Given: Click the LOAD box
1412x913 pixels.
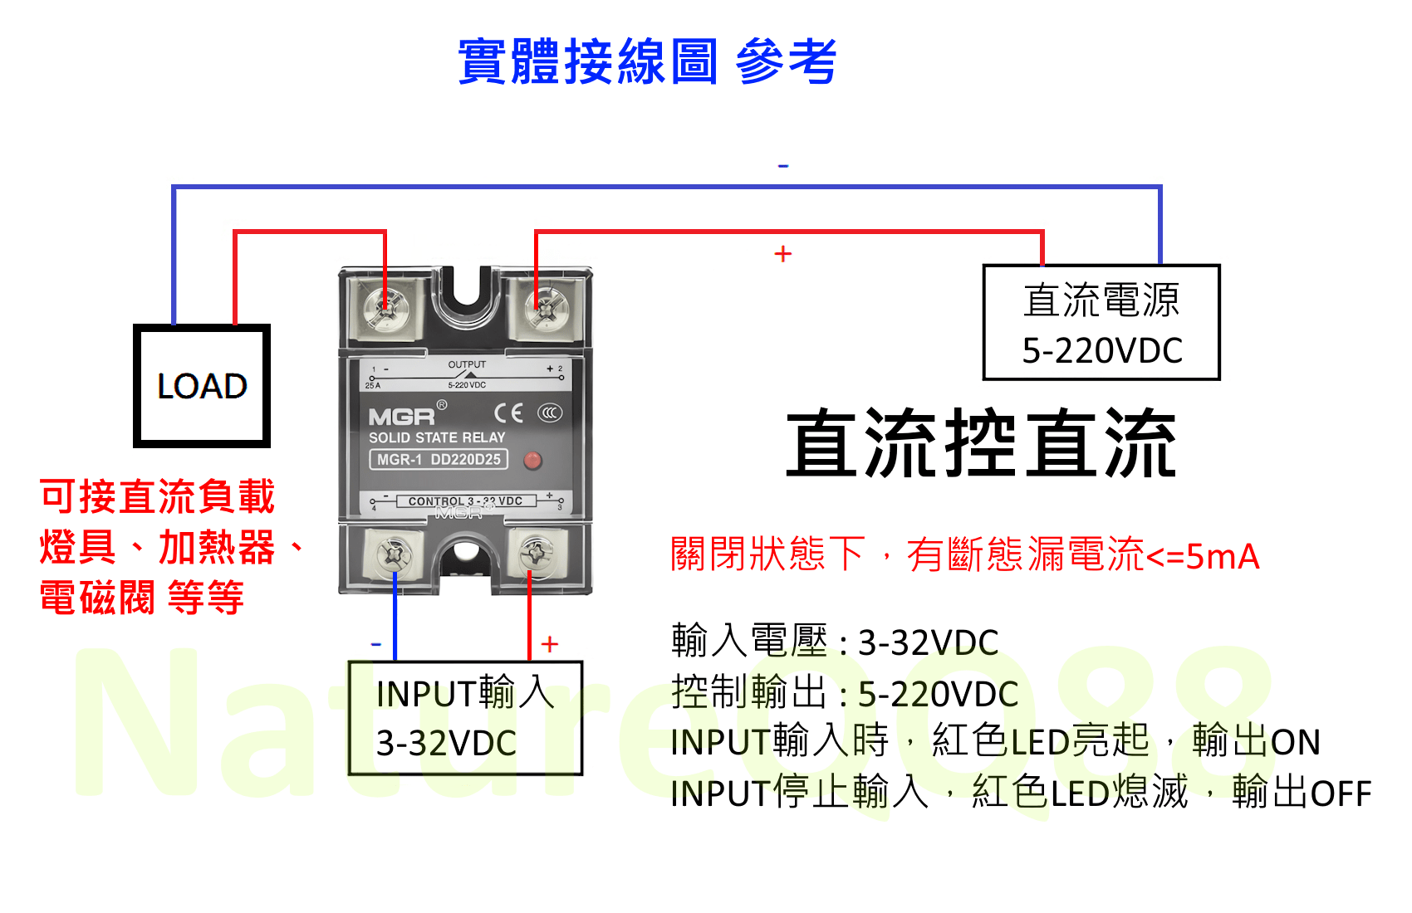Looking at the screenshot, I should pos(202,386).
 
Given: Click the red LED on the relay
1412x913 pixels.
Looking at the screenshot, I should pos(532,460).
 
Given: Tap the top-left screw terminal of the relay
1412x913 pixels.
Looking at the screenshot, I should pos(385,310).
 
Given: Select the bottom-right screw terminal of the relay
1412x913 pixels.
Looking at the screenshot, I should pos(536,551).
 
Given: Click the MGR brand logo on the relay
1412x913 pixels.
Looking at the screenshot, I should pos(402,416).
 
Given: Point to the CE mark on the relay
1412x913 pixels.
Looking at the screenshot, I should pos(508,413).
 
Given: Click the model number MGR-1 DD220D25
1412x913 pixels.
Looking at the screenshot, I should pos(438,460).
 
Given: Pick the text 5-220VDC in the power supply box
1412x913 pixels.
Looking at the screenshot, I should pos(1101,351).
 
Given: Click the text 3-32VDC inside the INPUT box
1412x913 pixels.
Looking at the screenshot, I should pos(446,744).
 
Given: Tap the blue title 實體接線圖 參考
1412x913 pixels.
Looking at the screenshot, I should pos(647,61).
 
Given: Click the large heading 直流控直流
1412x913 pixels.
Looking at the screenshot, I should pos(981,445).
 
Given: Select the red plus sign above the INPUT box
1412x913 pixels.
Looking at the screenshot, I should pos(550,644).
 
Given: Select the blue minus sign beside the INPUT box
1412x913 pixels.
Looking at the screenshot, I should pos(375,644).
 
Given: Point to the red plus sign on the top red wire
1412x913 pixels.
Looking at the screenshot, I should pos(782,254).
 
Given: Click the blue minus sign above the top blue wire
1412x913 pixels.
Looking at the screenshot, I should pos(782,167).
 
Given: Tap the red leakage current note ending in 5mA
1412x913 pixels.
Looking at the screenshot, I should pos(964,555).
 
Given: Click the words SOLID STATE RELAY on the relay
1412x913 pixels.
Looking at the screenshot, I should pos(437,437).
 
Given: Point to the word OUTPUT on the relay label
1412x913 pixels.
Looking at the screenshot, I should pos(467,364).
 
